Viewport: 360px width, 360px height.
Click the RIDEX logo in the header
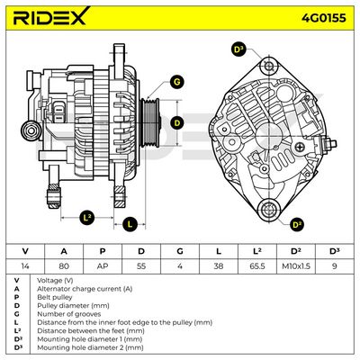pos(49,16)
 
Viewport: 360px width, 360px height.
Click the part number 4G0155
pos(324,18)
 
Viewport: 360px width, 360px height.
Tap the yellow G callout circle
pos(177,82)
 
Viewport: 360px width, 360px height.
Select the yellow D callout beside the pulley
pos(177,123)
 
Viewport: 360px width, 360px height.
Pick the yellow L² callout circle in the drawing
pos(87,217)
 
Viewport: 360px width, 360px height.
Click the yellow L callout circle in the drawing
pos(130,224)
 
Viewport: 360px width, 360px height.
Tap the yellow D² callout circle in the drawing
pos(297,224)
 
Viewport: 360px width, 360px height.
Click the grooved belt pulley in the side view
pos(150,123)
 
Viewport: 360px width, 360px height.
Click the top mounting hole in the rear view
pos(269,67)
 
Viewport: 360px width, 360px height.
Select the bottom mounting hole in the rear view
pos(268,209)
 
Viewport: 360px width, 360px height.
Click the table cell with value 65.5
pos(256,265)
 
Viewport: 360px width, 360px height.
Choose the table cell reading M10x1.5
pos(296,265)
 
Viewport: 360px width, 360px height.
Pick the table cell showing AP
pos(103,265)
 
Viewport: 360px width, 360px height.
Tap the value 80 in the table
pos(64,265)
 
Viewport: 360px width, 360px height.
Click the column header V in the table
pos(25,251)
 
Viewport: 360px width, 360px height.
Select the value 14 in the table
pos(25,265)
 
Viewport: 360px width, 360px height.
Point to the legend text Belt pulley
pos(55,297)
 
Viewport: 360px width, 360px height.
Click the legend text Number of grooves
pos(69,314)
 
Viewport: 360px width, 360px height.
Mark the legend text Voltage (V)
pos(55,281)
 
